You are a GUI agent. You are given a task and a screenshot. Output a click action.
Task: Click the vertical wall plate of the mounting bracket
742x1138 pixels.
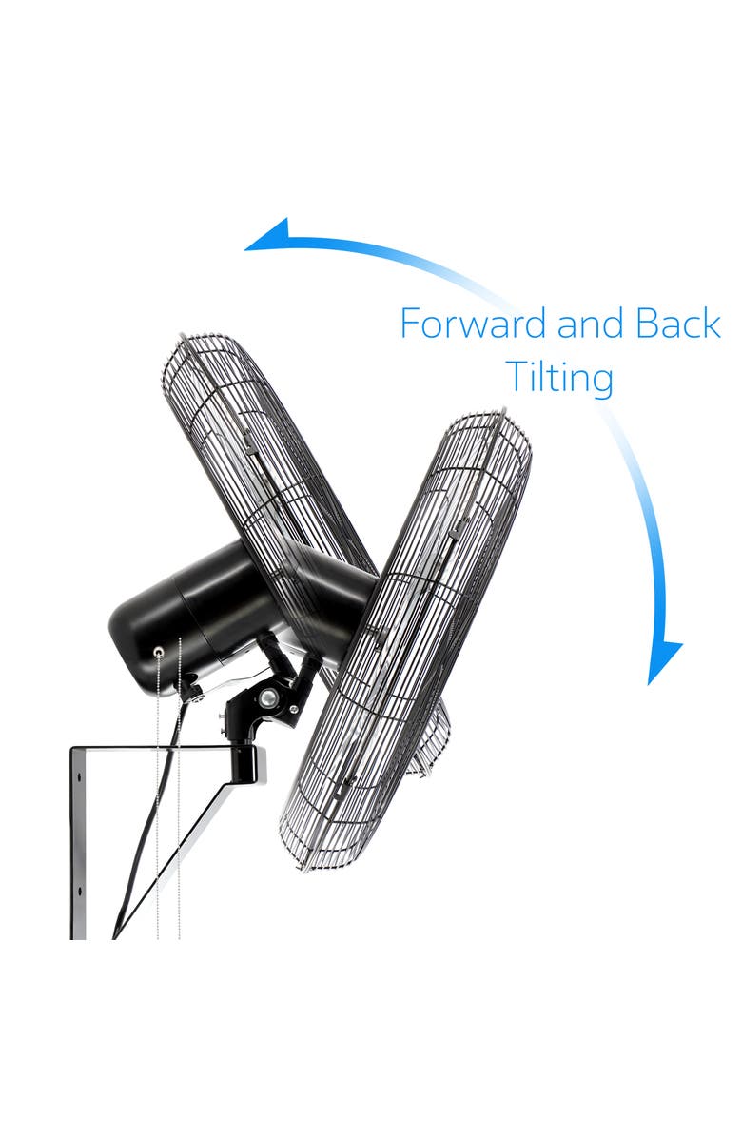point(78,843)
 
